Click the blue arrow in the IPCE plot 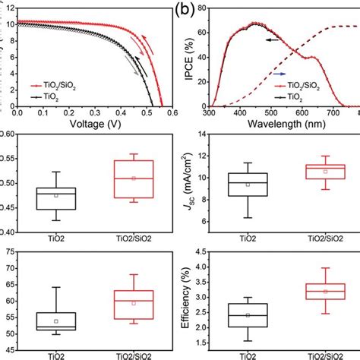click(x=279, y=74)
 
